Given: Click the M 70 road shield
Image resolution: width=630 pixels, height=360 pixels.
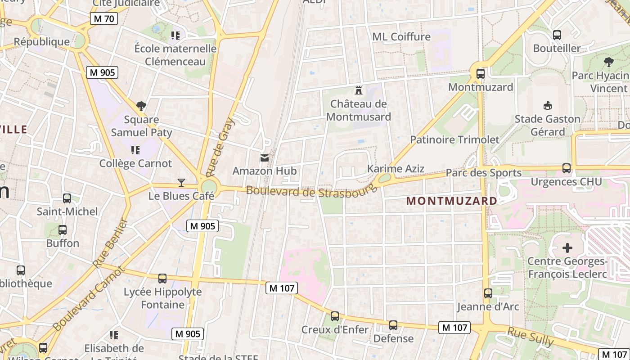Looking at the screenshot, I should pyautogui.click(x=104, y=18).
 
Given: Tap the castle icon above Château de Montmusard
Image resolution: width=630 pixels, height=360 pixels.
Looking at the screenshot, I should pyautogui.click(x=359, y=90).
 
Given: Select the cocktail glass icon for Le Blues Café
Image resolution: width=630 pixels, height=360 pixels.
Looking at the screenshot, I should pyautogui.click(x=181, y=182).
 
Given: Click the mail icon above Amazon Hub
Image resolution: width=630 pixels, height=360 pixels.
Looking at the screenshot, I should pyautogui.click(x=265, y=157).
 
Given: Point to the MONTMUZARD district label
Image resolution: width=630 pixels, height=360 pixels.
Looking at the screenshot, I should pyautogui.click(x=452, y=201).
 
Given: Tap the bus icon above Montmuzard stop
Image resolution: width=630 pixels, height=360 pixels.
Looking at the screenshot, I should pyautogui.click(x=480, y=73).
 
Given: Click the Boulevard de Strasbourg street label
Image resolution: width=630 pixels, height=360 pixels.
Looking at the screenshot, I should pyautogui.click(x=310, y=191).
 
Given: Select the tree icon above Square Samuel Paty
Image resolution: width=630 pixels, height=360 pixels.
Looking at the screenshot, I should pyautogui.click(x=141, y=106).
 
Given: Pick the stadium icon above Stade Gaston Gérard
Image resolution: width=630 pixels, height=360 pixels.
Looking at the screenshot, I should pyautogui.click(x=547, y=105).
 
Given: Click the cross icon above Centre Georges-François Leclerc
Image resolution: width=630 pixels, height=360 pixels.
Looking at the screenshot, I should pyautogui.click(x=567, y=247).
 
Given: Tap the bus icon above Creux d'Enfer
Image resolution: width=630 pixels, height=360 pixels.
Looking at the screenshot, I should pyautogui.click(x=334, y=316).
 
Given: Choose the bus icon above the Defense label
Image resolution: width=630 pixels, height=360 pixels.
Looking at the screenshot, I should pyautogui.click(x=393, y=325).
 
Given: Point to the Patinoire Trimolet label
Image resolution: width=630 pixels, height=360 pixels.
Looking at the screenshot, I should pyautogui.click(x=454, y=139).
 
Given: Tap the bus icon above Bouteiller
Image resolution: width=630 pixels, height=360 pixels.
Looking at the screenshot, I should pyautogui.click(x=557, y=35).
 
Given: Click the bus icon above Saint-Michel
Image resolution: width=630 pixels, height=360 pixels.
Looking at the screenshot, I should pyautogui.click(x=67, y=198).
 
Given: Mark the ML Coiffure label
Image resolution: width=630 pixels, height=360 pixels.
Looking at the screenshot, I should pyautogui.click(x=401, y=36).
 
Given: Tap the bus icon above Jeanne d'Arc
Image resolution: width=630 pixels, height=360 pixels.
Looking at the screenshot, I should pyautogui.click(x=488, y=293).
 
